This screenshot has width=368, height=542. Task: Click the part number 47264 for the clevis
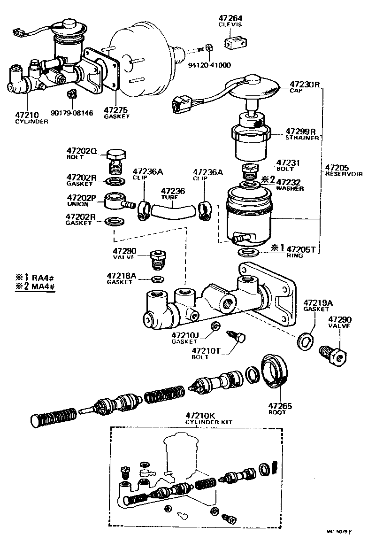pos(230,18)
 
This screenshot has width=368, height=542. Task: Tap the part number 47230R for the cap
pos(304,85)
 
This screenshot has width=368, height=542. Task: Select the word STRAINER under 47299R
pos(303,138)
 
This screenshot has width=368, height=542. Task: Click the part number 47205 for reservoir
pos(337,167)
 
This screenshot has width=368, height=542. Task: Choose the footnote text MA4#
pos(44,287)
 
